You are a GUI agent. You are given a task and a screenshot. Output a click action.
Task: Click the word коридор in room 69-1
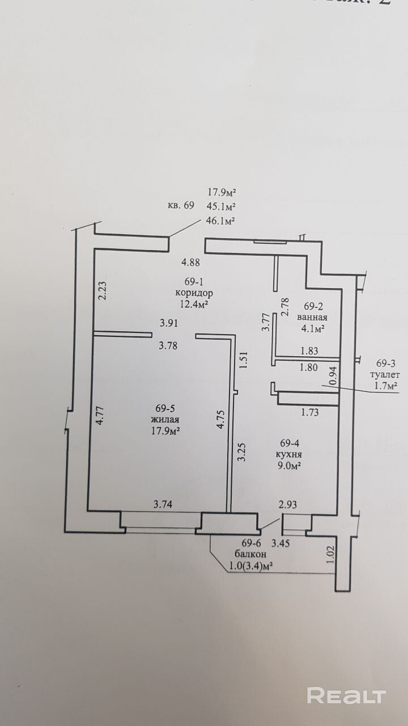[x=194, y=294]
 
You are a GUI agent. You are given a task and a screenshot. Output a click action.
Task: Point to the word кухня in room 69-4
[x=289, y=454]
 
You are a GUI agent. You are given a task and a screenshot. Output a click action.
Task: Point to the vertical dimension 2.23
[x=101, y=291]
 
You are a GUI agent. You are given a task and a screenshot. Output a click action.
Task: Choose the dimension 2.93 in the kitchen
[x=288, y=503]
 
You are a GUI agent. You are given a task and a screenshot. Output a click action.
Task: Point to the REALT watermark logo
[x=346, y=695]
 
